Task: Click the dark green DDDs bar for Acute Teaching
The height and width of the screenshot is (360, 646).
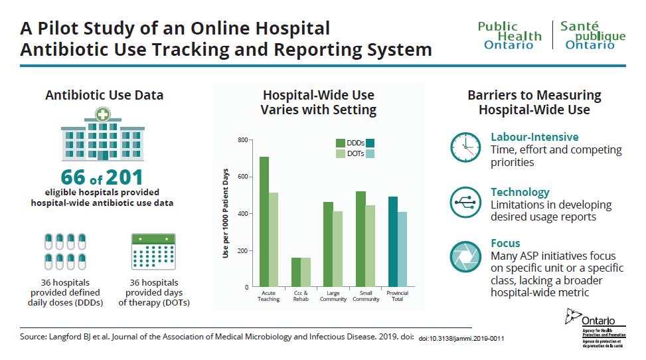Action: coord(264,222)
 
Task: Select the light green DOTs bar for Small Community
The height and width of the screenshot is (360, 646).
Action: coord(370,246)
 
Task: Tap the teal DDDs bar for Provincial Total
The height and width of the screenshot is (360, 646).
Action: coord(393,242)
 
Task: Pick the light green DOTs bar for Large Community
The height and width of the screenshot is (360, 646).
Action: coord(338,249)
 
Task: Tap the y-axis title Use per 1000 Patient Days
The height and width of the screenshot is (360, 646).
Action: coord(226,213)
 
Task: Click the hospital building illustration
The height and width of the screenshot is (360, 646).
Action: coord(103,135)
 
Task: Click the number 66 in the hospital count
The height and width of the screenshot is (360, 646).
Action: coord(73,178)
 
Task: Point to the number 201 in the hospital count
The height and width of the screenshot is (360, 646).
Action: coord(124,178)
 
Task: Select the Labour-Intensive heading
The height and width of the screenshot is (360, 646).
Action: coord(534,137)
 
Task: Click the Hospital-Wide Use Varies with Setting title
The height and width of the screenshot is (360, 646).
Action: coord(318,102)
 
